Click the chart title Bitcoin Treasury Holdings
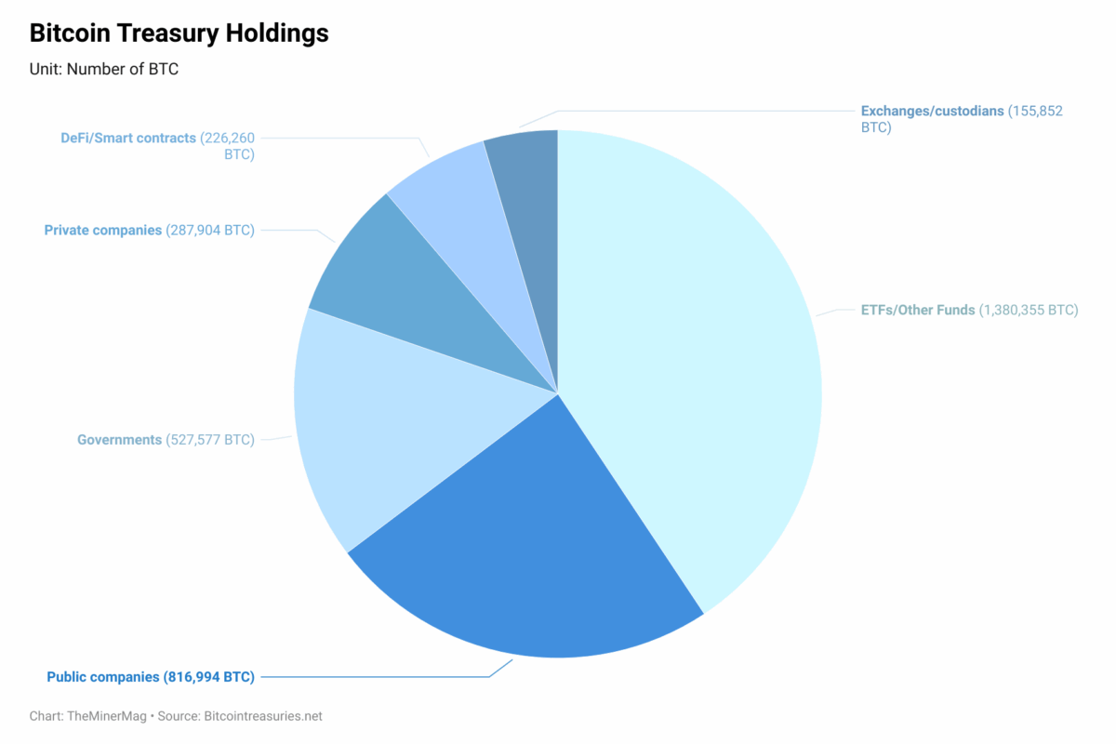click(x=179, y=33)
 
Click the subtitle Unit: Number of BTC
click(x=104, y=69)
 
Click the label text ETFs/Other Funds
click(x=917, y=310)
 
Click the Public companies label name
click(x=103, y=677)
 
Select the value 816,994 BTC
click(x=209, y=677)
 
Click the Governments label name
click(x=119, y=439)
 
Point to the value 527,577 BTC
click(x=210, y=439)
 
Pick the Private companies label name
click(x=102, y=230)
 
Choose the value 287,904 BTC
click(x=210, y=230)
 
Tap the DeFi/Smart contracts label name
click(x=128, y=138)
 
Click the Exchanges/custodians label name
click(x=932, y=111)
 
